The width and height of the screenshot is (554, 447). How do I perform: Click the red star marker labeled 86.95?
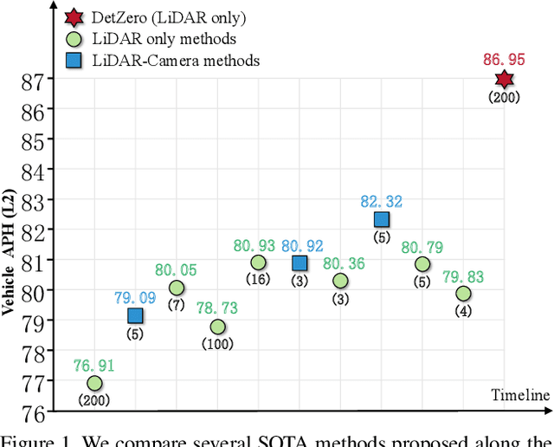tap(504, 80)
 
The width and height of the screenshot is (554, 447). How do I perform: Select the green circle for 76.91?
tap(94, 383)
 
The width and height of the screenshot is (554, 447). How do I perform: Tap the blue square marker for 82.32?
tap(381, 220)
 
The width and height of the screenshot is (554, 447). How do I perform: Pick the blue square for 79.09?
tap(135, 315)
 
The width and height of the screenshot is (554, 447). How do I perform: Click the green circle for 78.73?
tap(217, 327)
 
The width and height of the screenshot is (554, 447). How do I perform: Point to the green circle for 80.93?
tap(258, 262)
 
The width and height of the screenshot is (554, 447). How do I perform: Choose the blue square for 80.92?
tap(300, 262)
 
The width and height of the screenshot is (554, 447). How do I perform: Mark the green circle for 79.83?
tap(463, 294)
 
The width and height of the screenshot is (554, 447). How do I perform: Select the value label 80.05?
tap(176, 269)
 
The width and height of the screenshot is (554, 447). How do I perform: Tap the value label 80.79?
tap(422, 246)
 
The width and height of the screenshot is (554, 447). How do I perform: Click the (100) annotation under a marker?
tap(217, 344)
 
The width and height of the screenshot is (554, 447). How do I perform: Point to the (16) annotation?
tap(258, 280)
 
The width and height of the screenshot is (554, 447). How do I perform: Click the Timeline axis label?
tap(520, 396)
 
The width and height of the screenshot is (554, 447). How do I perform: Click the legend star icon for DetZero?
tap(73, 16)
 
